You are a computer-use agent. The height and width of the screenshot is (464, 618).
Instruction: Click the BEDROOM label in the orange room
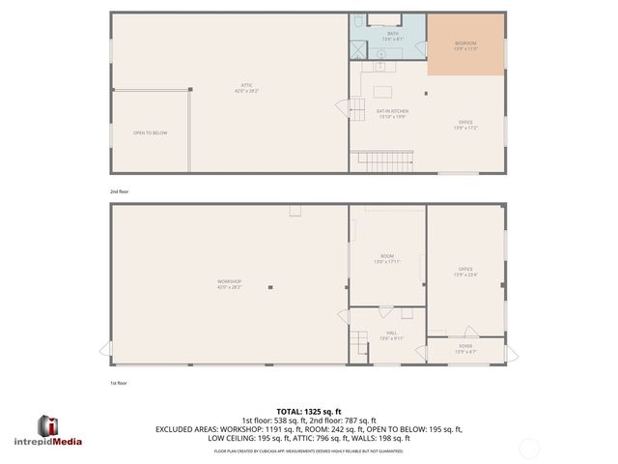tap(465, 44)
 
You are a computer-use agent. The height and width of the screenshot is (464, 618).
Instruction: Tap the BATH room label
tap(393, 36)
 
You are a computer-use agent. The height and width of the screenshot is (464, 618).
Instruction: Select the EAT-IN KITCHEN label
tap(392, 113)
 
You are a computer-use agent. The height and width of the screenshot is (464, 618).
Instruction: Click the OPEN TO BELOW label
tap(150, 132)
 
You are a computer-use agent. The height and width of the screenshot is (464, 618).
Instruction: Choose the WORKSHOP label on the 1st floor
tap(229, 283)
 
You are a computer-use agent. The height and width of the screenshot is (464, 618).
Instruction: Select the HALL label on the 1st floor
tap(390, 335)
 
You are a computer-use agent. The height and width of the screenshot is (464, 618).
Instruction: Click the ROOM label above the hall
tap(386, 259)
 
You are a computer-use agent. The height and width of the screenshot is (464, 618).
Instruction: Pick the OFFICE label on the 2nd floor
tap(465, 124)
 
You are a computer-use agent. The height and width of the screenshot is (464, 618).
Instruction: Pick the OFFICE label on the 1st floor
tap(465, 271)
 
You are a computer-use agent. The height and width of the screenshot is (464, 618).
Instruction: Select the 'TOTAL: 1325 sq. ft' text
tap(309, 412)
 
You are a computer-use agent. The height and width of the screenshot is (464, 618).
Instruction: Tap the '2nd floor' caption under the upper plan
tap(119, 191)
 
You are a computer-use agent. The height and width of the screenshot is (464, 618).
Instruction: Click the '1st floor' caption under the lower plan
tap(119, 382)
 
